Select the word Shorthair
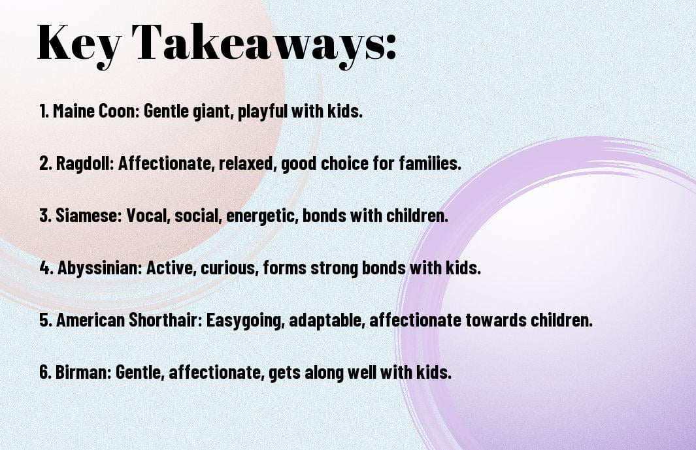165,320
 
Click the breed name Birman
83,372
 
